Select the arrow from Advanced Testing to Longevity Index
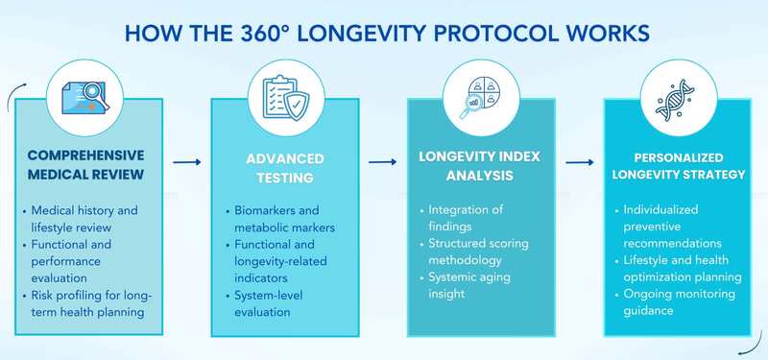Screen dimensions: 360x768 click(383, 162)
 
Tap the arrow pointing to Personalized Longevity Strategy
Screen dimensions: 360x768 click(579, 162)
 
